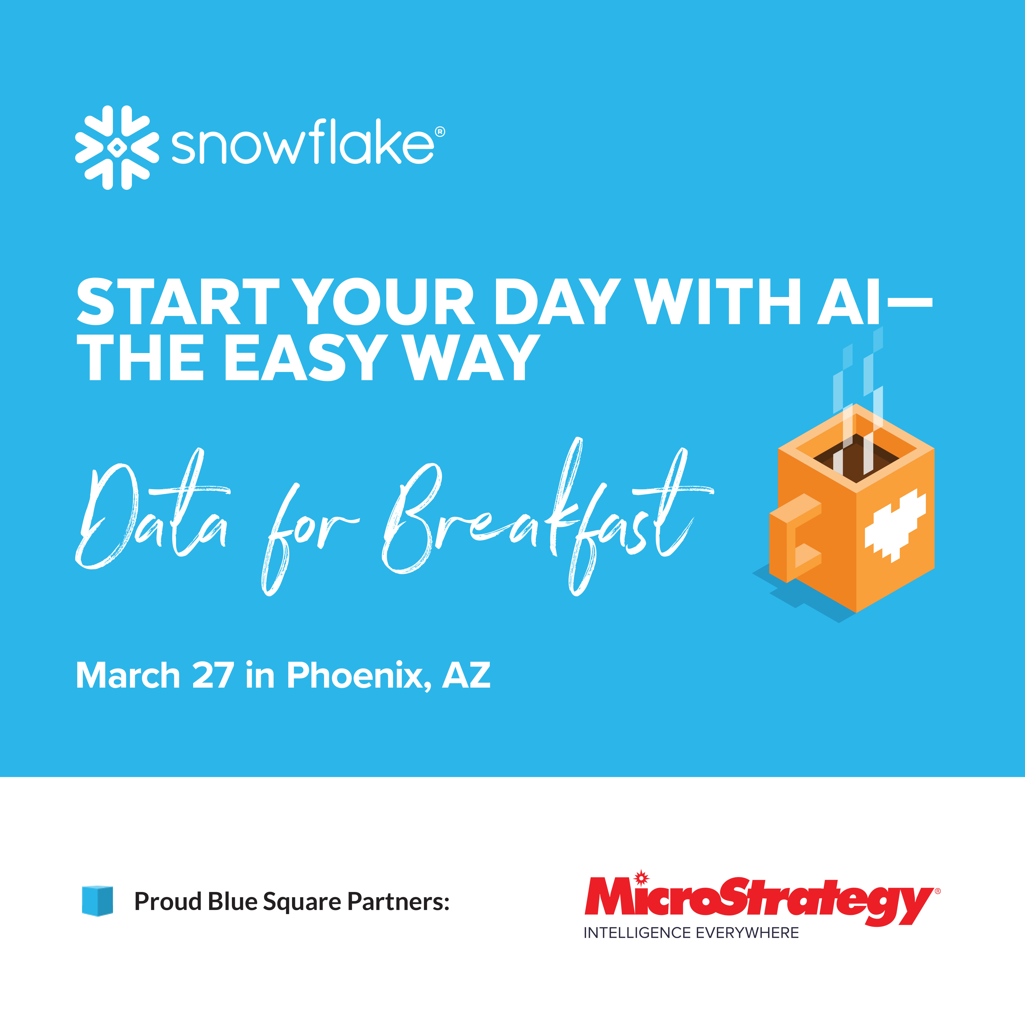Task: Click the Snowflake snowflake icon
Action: point(117,148)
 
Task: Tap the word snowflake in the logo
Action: point(302,144)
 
